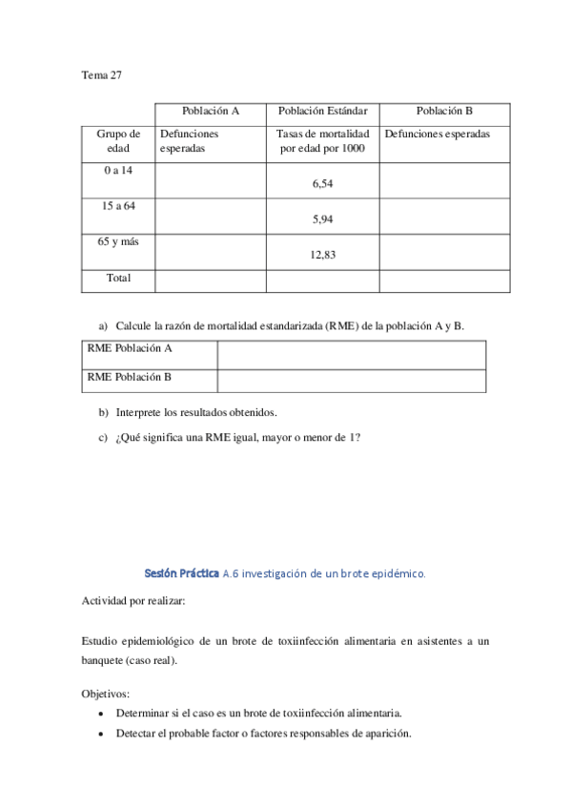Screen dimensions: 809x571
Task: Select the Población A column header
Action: click(x=210, y=111)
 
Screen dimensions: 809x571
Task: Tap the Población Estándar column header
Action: click(x=322, y=111)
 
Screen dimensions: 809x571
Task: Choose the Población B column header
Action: click(x=444, y=111)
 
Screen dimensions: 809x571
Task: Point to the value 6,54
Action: click(x=322, y=184)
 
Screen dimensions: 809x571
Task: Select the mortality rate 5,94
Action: click(x=322, y=219)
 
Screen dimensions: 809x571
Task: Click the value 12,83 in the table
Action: click(x=322, y=255)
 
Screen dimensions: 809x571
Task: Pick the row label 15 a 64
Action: click(x=118, y=205)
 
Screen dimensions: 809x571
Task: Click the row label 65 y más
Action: click(x=118, y=241)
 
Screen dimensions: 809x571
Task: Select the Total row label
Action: click(x=118, y=279)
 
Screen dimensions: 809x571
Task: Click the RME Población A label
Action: click(x=130, y=349)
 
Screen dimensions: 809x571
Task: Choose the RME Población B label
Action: click(x=130, y=377)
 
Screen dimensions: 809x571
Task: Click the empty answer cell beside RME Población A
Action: click(x=351, y=354)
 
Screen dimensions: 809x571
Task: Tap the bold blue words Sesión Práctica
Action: click(x=181, y=573)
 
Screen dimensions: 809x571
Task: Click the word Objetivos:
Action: click(x=107, y=694)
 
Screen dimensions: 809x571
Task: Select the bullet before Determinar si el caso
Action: click(x=102, y=714)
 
